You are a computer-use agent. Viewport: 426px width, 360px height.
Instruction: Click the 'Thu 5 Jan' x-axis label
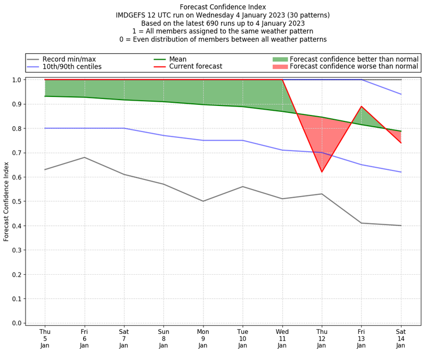(x=45, y=338)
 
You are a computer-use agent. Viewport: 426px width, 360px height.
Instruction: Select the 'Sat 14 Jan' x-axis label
(x=401, y=338)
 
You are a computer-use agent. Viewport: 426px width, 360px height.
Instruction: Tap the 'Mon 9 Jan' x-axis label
(x=203, y=338)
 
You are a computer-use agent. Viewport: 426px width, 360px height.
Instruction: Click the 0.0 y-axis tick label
(x=17, y=323)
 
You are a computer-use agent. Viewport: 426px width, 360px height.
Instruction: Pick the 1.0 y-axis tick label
(x=17, y=80)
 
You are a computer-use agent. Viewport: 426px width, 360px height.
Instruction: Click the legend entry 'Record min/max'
(x=69, y=59)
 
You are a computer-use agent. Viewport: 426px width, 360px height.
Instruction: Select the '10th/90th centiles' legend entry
(x=72, y=67)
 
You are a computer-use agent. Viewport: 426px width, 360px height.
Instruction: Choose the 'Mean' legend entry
(x=192, y=59)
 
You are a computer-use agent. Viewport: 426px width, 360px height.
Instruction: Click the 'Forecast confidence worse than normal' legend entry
(x=354, y=67)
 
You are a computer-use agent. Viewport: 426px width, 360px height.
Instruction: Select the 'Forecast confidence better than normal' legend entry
(x=354, y=59)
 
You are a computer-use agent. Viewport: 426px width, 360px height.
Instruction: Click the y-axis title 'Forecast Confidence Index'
(x=7, y=202)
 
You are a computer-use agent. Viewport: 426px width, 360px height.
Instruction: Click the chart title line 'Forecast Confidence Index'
(x=223, y=7)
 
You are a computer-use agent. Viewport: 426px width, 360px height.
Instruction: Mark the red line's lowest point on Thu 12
(x=322, y=171)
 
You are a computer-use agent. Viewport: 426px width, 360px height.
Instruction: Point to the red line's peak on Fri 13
(x=362, y=107)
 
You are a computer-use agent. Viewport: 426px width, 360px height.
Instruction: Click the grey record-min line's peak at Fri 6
(x=84, y=157)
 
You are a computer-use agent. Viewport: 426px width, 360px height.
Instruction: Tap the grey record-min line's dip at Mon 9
(x=203, y=201)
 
